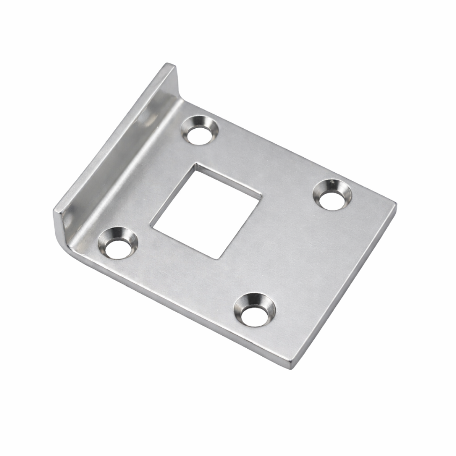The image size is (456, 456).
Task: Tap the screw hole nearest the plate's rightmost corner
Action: [x=333, y=194]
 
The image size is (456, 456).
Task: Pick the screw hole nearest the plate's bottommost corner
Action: [x=255, y=310]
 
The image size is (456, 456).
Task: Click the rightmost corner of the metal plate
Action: [x=395, y=204]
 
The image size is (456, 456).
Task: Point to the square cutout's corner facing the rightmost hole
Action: [x=261, y=194]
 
